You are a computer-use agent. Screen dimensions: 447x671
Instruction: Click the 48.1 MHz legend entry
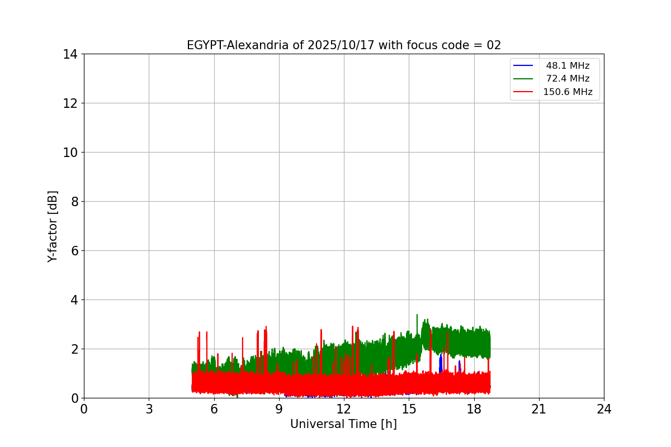tap(568, 66)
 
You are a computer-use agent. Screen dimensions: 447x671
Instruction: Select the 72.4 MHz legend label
tap(568, 79)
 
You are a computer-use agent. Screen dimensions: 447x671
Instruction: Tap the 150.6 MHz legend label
tap(568, 92)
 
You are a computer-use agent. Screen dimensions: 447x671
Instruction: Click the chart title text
tap(344, 45)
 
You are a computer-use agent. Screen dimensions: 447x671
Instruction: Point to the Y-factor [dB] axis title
tap(53, 226)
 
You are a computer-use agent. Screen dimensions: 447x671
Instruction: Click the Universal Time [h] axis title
tap(343, 424)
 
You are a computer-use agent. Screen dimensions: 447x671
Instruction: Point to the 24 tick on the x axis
tap(604, 409)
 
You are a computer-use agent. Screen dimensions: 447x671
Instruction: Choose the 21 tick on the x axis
tap(539, 409)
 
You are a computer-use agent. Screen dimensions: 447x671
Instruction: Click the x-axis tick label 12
tap(344, 409)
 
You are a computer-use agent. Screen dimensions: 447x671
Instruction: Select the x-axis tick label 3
tap(149, 409)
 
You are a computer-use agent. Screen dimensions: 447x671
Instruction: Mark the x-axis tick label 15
tap(409, 409)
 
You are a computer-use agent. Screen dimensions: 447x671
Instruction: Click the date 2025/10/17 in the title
tap(335, 45)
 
